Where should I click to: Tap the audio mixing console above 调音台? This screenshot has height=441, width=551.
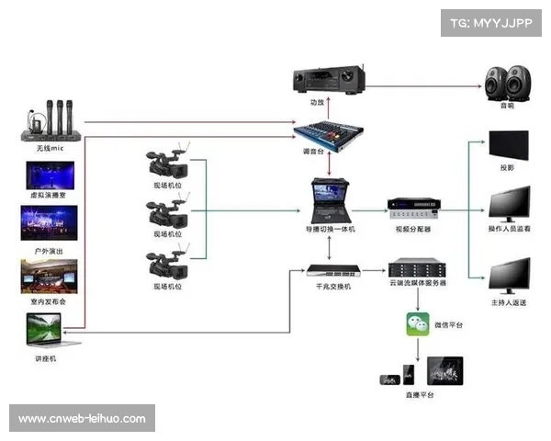click(328, 131)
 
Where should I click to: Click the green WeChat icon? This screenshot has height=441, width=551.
click(419, 324)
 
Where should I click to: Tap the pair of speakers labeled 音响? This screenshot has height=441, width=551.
click(507, 83)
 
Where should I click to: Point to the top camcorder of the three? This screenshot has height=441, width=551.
click(167, 163)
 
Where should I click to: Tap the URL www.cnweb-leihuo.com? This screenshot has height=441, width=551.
click(83, 419)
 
